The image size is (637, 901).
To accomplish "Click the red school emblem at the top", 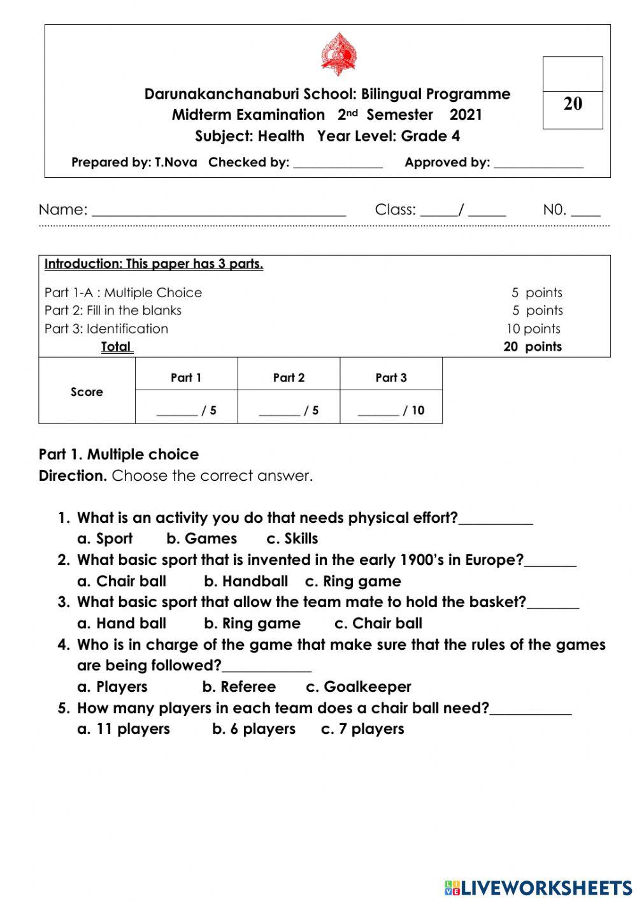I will tap(338, 55).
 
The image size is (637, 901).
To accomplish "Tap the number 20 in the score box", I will tap(573, 104).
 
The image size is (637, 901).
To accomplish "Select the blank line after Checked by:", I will tap(338, 164).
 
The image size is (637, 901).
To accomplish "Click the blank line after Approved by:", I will tap(538, 164).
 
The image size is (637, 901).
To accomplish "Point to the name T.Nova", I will tap(176, 162).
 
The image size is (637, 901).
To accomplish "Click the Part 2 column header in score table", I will tap(289, 377).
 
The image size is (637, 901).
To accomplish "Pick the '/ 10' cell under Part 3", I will tap(391, 410).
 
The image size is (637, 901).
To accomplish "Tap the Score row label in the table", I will tap(87, 392).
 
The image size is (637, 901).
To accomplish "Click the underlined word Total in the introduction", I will tap(117, 347).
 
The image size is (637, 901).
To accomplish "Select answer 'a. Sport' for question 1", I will tap(105, 539).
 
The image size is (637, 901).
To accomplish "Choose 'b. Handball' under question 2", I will tap(246, 582).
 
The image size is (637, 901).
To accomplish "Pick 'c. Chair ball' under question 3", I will tap(378, 624).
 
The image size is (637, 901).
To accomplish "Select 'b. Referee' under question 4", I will tap(239, 687).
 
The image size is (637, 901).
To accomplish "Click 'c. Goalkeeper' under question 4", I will tap(359, 687).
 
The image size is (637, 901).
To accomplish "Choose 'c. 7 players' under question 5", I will tap(362, 729).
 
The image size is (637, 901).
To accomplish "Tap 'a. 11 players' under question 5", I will tap(124, 729).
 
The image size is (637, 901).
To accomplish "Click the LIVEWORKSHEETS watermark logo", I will tap(538, 887).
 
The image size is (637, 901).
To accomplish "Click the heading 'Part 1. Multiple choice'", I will tap(118, 455).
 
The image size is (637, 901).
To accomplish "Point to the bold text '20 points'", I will tap(533, 347).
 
